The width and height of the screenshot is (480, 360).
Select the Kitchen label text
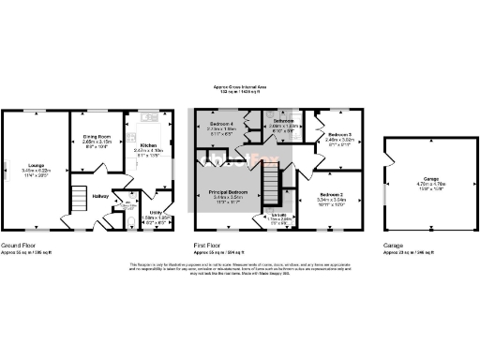[148, 146]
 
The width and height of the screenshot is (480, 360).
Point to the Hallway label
[102, 196]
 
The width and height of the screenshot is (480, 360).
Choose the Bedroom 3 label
[337, 135]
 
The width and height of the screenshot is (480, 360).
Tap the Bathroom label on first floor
[283, 123]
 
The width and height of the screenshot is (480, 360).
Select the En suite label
[277, 215]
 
